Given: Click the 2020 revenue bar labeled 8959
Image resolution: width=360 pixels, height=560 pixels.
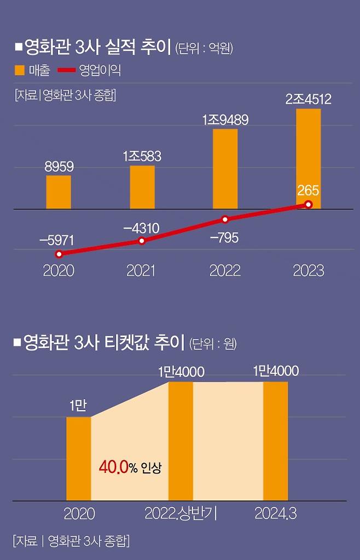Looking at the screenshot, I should pyautogui.click(x=59, y=192).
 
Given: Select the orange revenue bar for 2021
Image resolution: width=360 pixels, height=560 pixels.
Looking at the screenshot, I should pyautogui.click(x=142, y=187).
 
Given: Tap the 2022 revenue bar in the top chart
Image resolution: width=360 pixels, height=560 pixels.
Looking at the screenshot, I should pyautogui.click(x=225, y=169).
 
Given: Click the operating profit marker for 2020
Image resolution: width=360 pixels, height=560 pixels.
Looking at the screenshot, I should pyautogui.click(x=59, y=254).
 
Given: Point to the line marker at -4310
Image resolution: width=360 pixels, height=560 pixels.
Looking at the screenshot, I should pyautogui.click(x=142, y=241).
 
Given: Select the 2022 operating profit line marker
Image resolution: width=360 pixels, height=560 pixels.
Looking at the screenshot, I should pyautogui.click(x=225, y=220).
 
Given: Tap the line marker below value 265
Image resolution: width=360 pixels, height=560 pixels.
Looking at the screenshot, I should pyautogui.click(x=309, y=205).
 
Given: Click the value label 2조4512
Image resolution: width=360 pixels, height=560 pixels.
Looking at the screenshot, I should pyautogui.click(x=309, y=100).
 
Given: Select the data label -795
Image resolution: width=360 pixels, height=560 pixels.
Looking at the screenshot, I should pyautogui.click(x=224, y=239).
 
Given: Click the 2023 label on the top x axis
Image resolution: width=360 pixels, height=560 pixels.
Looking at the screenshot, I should pyautogui.click(x=309, y=270).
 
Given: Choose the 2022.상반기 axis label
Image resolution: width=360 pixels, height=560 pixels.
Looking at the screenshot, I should pyautogui.click(x=181, y=514).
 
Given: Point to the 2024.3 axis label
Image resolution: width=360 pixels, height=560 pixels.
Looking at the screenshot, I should pyautogui.click(x=276, y=514).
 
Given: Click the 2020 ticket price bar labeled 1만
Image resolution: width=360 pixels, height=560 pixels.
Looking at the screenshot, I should pyautogui.click(x=78, y=458).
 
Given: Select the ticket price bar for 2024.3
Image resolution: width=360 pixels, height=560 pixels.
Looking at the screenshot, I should pyautogui.click(x=276, y=441).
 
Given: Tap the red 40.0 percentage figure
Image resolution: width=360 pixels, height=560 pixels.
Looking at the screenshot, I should pyautogui.click(x=113, y=467).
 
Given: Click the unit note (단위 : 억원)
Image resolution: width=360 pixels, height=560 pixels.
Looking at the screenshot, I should pyautogui.click(x=204, y=49).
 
